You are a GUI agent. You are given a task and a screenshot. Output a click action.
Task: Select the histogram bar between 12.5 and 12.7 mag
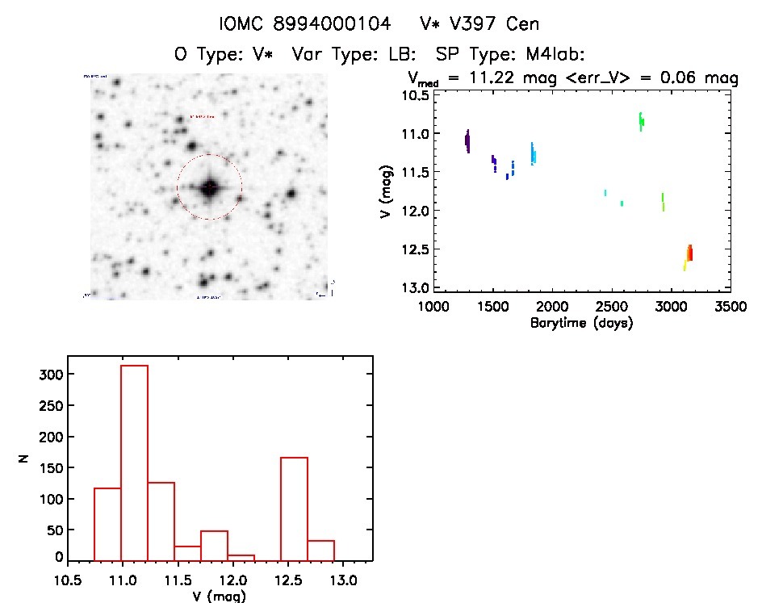click(x=294, y=509)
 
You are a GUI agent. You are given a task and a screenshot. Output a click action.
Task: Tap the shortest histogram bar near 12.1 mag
click(x=241, y=558)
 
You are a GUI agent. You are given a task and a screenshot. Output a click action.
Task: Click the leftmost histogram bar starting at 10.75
click(x=107, y=524)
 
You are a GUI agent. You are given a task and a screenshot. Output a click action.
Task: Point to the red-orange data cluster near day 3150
click(x=689, y=253)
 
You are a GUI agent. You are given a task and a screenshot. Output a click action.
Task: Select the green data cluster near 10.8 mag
click(x=641, y=120)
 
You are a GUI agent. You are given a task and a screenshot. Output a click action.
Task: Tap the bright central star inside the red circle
click(x=209, y=187)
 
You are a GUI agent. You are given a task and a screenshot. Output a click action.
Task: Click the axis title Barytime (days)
click(x=581, y=323)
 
